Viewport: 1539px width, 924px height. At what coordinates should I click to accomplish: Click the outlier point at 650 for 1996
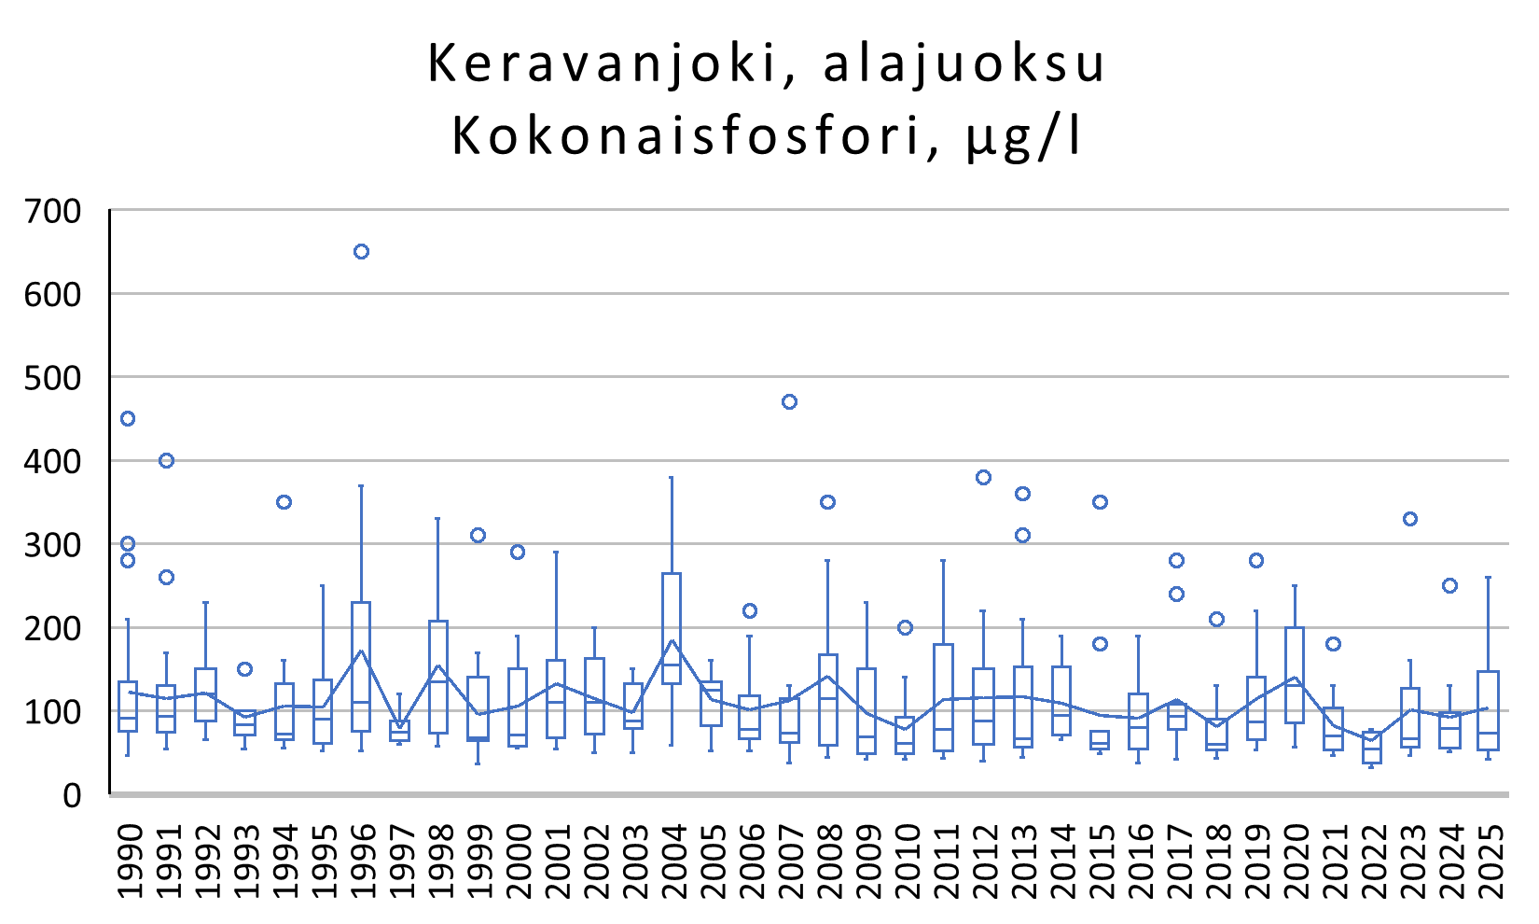click(361, 252)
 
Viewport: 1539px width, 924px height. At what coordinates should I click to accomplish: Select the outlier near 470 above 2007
click(789, 402)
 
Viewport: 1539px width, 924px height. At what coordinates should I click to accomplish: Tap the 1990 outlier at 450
click(128, 419)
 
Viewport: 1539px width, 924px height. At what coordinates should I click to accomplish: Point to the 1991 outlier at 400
click(167, 461)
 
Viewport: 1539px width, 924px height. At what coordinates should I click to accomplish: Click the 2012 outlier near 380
click(983, 478)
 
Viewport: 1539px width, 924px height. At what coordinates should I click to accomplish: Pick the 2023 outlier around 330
click(1410, 519)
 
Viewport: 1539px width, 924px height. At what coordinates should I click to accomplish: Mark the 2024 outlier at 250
click(1449, 586)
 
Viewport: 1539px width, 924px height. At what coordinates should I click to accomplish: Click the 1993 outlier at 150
click(244, 669)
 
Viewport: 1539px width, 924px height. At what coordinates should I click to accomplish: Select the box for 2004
click(672, 628)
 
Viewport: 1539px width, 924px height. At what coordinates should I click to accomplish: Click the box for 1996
click(361, 666)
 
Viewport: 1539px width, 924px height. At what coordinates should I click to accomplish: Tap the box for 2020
click(1294, 675)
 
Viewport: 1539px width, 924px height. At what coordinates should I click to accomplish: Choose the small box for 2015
click(1100, 740)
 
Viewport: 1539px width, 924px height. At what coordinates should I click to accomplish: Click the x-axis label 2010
click(906, 861)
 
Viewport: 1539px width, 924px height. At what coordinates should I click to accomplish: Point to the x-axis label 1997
click(400, 861)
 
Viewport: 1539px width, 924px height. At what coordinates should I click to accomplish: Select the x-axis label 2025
click(1490, 861)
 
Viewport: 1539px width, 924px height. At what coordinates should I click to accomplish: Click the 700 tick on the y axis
click(53, 211)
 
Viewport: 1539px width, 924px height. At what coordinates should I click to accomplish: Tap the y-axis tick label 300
click(53, 544)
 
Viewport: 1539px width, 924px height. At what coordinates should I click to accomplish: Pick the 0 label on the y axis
click(72, 795)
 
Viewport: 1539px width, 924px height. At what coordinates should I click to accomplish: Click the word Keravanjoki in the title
click(603, 64)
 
